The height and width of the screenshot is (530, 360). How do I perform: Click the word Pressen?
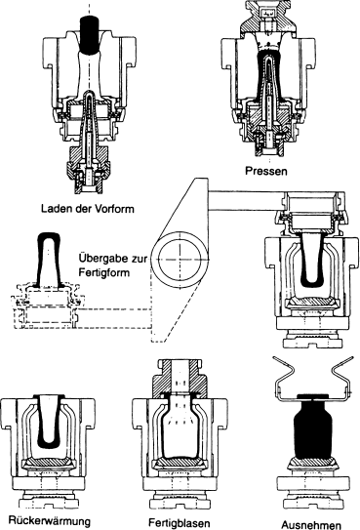[x=266, y=171]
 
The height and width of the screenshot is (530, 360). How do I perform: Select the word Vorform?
[x=114, y=209]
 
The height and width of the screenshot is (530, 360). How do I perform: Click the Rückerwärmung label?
[x=50, y=520]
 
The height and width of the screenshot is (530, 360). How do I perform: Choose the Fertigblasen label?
[x=180, y=523]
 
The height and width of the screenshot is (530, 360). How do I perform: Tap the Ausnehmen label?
[x=311, y=524]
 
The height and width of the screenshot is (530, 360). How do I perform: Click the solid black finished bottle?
[x=312, y=428]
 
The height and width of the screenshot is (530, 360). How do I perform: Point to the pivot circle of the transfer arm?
[x=180, y=260]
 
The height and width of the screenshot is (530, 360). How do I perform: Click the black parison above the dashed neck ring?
[x=50, y=261]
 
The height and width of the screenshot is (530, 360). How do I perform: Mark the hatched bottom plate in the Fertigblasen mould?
[x=180, y=462]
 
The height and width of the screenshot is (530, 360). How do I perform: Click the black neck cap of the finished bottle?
[x=312, y=396]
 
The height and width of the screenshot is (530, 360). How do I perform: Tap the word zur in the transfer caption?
[x=139, y=259]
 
